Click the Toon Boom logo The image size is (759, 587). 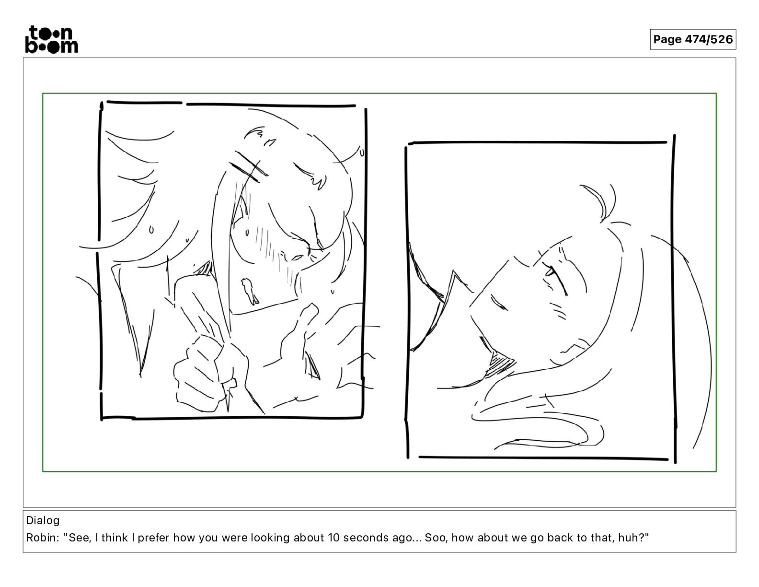(52, 39)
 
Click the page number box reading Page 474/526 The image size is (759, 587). (693, 39)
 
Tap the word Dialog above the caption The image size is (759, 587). (43, 520)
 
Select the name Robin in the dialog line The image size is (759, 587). (41, 538)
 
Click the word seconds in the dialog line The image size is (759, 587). (366, 538)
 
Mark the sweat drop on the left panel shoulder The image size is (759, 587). (151, 230)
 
